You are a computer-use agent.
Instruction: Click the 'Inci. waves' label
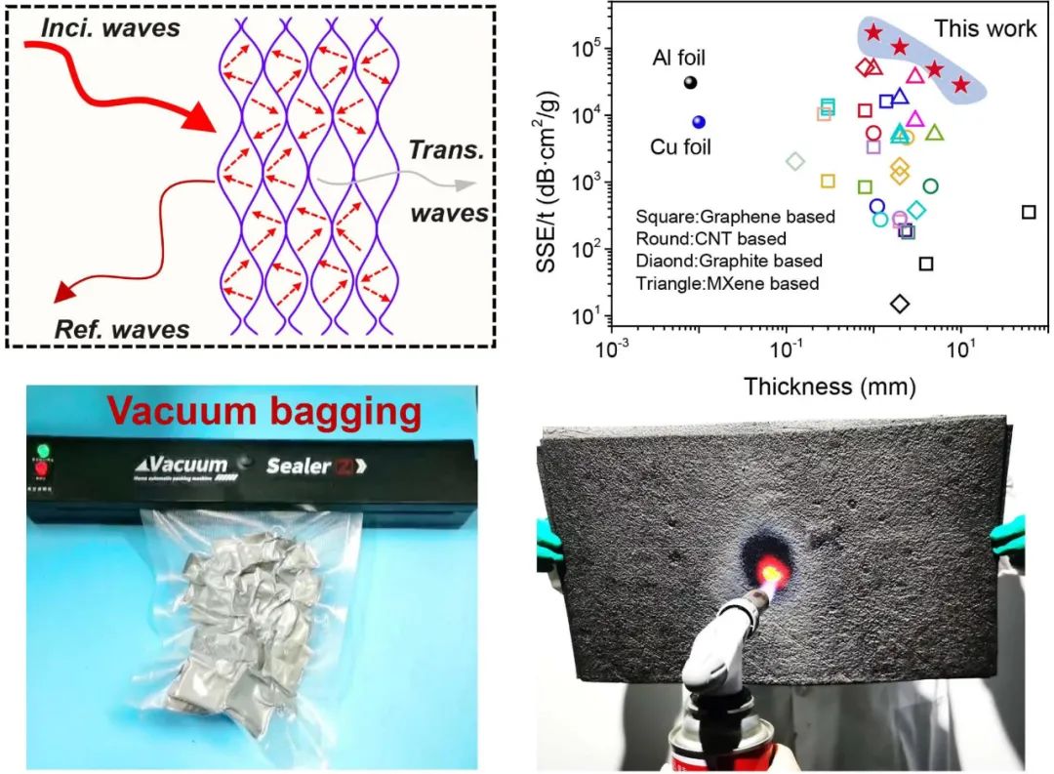(x=110, y=28)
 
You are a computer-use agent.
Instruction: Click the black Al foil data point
(x=690, y=83)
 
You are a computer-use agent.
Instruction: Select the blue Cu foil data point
(x=699, y=122)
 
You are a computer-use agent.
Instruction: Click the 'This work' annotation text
(x=985, y=28)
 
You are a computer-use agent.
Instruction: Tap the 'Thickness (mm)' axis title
(x=830, y=387)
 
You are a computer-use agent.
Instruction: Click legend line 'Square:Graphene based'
(x=735, y=217)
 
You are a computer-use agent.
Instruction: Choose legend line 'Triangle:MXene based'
(x=727, y=283)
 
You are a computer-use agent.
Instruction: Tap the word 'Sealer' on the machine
(x=299, y=466)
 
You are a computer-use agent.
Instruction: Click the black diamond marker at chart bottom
(x=900, y=304)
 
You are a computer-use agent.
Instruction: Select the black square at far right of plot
(x=1028, y=212)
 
